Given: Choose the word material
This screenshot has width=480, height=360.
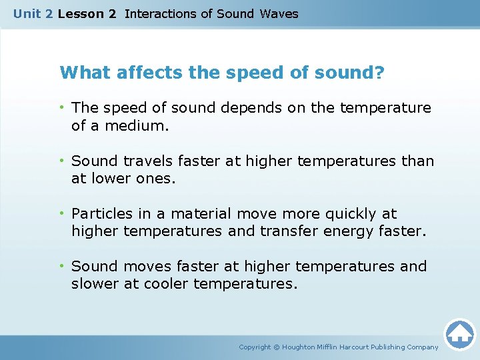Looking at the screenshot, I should coord(197,214).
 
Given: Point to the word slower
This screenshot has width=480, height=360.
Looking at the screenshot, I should coord(93,284).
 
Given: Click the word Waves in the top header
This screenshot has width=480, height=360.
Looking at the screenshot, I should coord(279,13).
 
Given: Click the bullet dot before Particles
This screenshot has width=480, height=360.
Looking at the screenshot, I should coord(64,214).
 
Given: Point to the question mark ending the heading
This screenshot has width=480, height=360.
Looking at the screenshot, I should coord(379,72).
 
